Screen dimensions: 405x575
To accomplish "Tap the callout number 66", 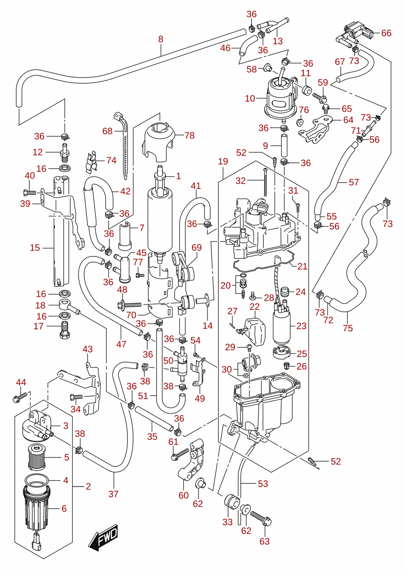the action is click(386, 33).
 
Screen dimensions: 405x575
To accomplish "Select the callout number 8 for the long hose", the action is click(161, 39).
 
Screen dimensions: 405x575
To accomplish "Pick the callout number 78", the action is click(189, 136).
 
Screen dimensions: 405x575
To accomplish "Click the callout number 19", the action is click(223, 162).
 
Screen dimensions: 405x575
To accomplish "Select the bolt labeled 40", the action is click(30, 192).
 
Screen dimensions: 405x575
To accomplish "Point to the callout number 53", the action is click(263, 484).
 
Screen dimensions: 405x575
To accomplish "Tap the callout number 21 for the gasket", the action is click(302, 266).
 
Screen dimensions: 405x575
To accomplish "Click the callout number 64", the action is click(348, 120).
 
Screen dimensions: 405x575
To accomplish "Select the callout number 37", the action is click(114, 494).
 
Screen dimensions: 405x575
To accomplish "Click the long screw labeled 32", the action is click(265, 182).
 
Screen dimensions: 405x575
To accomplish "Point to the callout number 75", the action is click(348, 328).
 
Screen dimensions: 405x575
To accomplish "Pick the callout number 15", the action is click(35, 248).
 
